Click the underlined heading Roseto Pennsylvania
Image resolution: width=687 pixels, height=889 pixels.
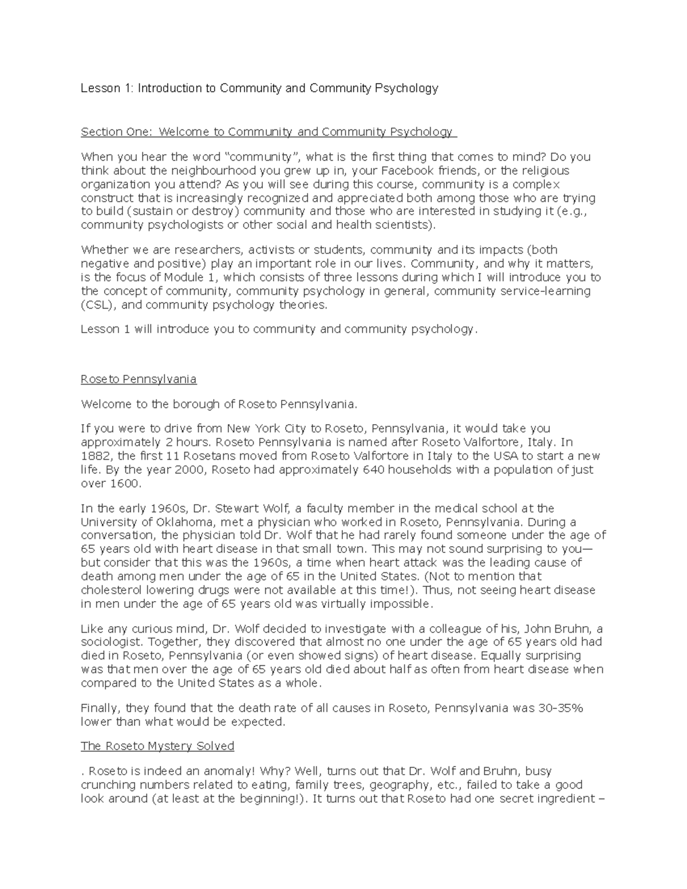point(139,379)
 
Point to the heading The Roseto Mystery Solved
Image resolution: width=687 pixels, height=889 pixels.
point(157,746)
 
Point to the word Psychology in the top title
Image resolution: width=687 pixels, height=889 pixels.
point(406,88)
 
